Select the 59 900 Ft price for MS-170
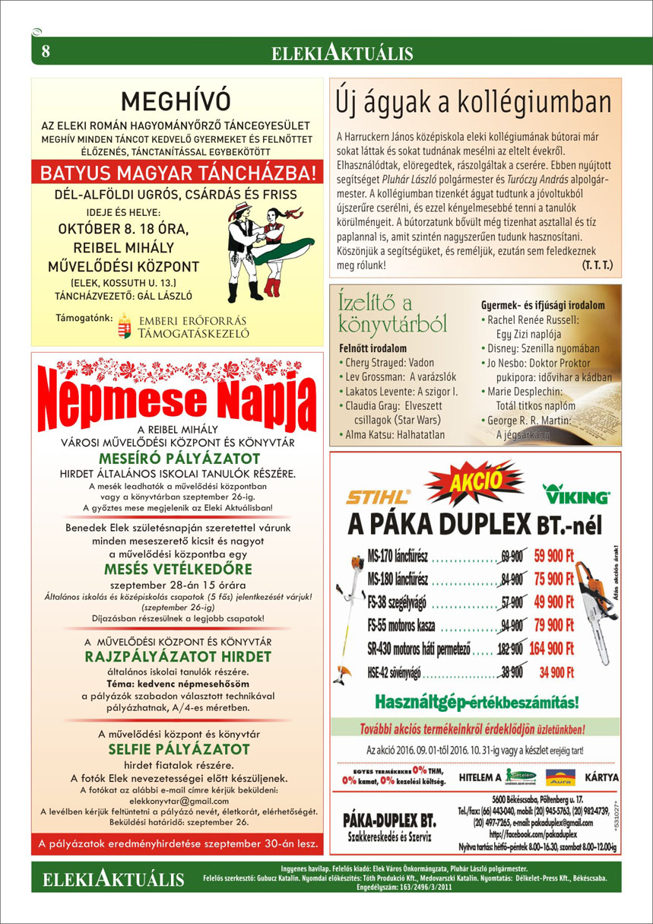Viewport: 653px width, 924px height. (559, 554)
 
